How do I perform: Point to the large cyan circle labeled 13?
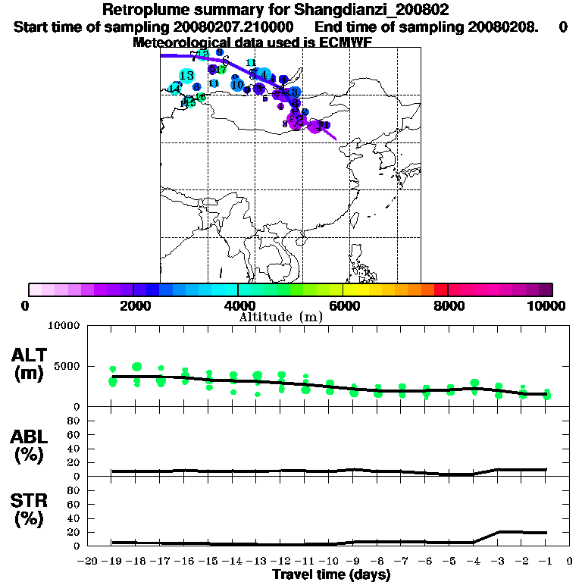click(186, 75)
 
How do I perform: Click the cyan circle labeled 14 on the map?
click(175, 89)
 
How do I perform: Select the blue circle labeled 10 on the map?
click(237, 85)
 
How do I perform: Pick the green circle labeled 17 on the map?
click(221, 70)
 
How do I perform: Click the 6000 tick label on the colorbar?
click(343, 305)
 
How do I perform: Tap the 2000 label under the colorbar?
click(133, 305)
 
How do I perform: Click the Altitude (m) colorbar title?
click(281, 317)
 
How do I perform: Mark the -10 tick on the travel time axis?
click(330, 561)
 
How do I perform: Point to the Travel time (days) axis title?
click(331, 574)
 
